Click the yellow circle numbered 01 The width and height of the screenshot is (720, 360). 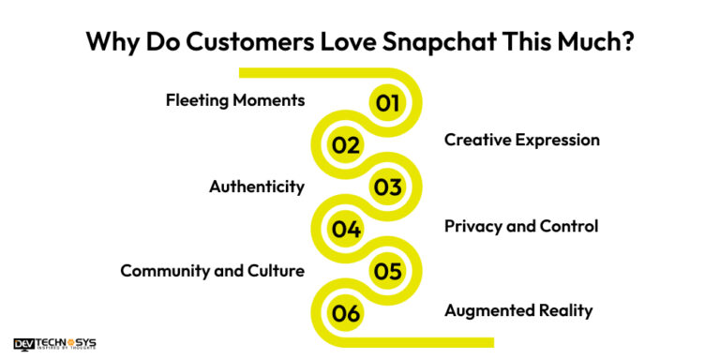point(387,102)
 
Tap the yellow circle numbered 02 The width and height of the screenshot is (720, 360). point(346,144)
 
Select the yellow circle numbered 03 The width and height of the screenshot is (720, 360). point(387,187)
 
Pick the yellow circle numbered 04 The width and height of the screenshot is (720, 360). point(346,229)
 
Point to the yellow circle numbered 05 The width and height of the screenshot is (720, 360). point(387,272)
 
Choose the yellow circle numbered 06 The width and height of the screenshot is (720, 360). point(346,314)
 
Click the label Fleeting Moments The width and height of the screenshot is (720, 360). point(235,99)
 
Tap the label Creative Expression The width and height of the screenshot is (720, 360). point(521,141)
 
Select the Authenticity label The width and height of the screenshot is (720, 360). point(256,187)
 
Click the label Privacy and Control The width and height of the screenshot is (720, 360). point(520,226)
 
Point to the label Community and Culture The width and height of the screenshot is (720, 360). point(212,272)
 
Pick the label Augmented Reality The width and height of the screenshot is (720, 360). point(518,310)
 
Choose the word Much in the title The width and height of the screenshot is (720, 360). point(587,43)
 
